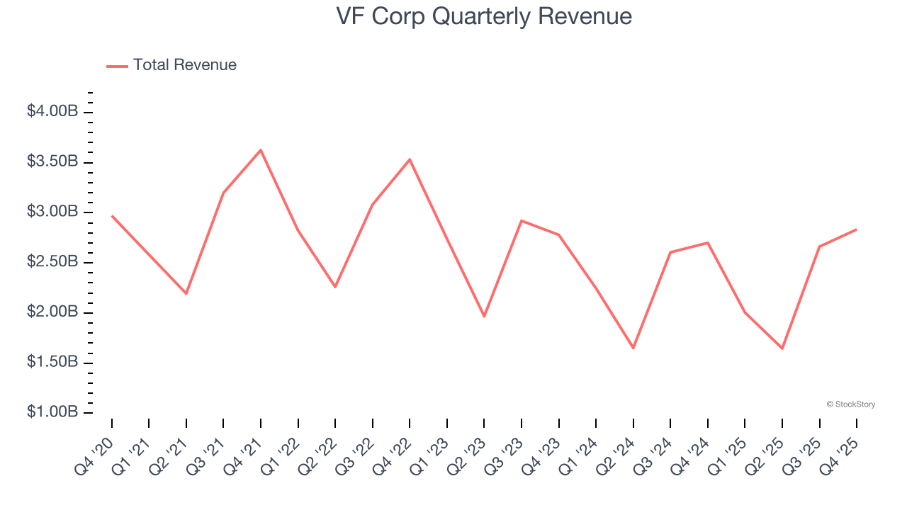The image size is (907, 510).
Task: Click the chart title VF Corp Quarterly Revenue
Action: [x=484, y=16]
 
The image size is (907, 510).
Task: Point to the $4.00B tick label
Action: [x=52, y=112]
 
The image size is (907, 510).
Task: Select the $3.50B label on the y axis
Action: [x=52, y=162]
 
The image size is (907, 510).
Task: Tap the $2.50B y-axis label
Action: [x=52, y=262]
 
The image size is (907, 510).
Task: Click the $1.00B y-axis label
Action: [x=52, y=412]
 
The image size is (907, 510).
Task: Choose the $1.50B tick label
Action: [x=52, y=362]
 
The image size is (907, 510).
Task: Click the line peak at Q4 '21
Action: [x=261, y=150]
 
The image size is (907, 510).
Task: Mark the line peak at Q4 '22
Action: [x=410, y=159]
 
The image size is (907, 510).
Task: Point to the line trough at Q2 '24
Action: [x=633, y=348]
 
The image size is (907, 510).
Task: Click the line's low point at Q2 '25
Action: [x=782, y=348]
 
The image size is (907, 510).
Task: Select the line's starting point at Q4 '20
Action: [x=112, y=216]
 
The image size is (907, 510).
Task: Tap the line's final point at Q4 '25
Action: [x=856, y=229]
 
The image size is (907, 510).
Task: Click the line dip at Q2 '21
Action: [x=186, y=293]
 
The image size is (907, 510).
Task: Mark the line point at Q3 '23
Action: [x=522, y=221]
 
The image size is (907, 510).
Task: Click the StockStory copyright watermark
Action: [x=850, y=404]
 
